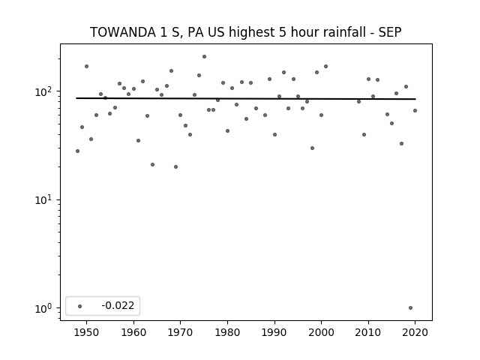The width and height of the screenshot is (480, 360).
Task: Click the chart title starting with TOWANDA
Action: (x=245, y=32)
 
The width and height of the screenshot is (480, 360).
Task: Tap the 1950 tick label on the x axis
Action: (x=87, y=332)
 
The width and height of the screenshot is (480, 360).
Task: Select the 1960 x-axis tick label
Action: (x=133, y=332)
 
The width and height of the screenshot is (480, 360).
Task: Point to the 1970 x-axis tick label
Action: (x=181, y=332)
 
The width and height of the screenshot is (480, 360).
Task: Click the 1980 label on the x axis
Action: (x=227, y=332)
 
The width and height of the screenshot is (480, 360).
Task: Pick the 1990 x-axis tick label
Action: (x=274, y=332)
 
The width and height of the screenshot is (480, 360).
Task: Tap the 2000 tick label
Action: (x=322, y=332)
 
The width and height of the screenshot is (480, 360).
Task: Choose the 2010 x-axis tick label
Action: (x=368, y=332)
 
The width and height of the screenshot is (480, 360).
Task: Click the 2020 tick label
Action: (x=415, y=332)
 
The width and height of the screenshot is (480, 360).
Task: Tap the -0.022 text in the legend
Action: (x=118, y=305)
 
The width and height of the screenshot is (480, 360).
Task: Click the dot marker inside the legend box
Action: (x=80, y=306)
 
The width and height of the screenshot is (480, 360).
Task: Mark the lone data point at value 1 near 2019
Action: (x=410, y=308)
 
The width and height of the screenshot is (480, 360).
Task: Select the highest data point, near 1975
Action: (x=204, y=57)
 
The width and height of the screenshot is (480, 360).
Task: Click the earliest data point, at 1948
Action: (x=77, y=151)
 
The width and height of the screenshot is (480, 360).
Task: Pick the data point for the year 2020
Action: (x=415, y=110)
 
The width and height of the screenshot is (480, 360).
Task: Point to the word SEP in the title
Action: (x=390, y=32)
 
